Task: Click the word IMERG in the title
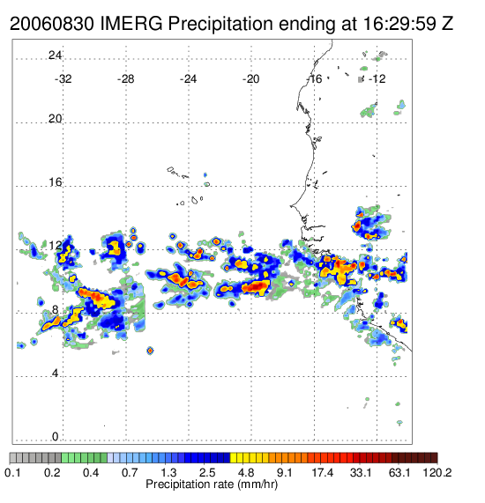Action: click(131, 24)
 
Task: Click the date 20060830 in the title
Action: click(52, 24)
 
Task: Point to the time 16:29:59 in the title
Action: click(399, 24)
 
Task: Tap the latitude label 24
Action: click(55, 55)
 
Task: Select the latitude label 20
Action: click(55, 119)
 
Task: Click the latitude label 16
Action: click(55, 182)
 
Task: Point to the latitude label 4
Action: click(56, 374)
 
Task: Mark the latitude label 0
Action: click(56, 437)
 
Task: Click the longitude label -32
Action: click(63, 79)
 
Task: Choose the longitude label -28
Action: click(125, 79)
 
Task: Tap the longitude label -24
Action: click(188, 79)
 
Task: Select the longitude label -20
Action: click(250, 79)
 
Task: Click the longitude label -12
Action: click(377, 79)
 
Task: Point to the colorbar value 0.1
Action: click(12, 473)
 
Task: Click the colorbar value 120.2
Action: click(437, 473)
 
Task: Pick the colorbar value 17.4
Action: click(323, 473)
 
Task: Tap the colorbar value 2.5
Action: click(207, 473)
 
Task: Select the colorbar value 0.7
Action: click(130, 473)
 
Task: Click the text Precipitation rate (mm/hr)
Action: click(212, 485)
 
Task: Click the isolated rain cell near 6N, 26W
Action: click(150, 351)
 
